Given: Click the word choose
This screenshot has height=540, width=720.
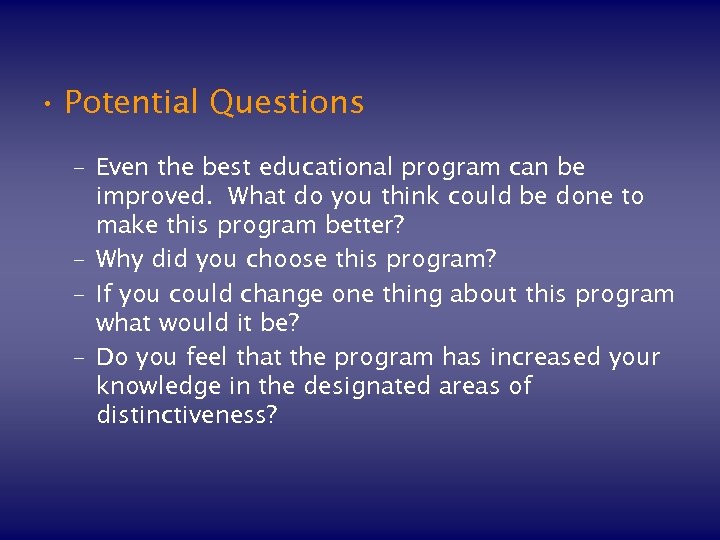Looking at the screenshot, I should (x=285, y=260).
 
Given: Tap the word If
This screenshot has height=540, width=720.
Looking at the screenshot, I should (x=104, y=293).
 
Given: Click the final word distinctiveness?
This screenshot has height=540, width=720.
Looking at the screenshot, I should (x=187, y=416).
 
